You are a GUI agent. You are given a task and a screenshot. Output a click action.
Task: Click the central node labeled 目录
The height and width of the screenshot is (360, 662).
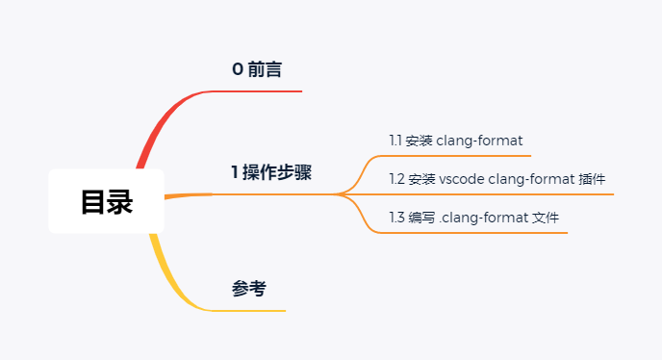pos(106,202)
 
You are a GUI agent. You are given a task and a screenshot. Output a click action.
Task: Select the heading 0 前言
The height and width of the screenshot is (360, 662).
pos(257,69)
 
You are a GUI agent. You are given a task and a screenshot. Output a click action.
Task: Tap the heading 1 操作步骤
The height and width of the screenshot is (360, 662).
pos(270,172)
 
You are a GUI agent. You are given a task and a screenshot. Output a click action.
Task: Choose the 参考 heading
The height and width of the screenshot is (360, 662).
pos(249,288)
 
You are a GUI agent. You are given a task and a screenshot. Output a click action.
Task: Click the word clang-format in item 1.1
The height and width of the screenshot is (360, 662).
pos(479,141)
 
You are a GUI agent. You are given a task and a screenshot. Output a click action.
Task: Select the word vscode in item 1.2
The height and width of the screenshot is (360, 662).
pos(461,179)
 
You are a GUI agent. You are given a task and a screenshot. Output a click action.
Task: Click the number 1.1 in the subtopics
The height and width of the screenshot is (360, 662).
pos(395,141)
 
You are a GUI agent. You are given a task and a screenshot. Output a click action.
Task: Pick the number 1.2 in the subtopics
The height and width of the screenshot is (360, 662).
pos(396,179)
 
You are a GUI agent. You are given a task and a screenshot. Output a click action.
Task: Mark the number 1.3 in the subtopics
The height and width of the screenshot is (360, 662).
pos(396,218)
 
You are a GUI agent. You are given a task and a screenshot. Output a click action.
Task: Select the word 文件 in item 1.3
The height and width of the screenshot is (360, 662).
pos(547,218)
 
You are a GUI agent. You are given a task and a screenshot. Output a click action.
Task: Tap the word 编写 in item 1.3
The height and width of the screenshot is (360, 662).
pos(421,218)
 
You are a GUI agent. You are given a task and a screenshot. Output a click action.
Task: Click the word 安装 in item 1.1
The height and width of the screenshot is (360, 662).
pos(419,141)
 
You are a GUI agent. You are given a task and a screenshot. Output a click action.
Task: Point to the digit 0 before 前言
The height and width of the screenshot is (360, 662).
pos(238,69)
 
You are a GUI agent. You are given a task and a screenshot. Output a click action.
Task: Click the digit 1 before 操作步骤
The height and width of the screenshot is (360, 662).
pos(234,172)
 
